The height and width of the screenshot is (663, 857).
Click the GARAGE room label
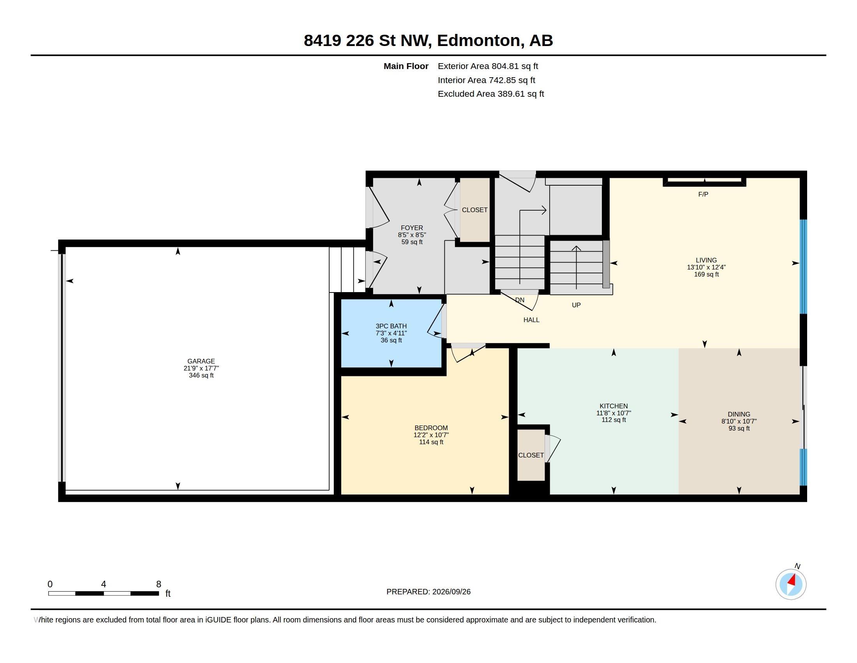coord(201,361)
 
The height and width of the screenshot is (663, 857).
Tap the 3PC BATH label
coord(391,326)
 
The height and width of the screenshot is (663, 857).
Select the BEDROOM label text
coord(431,428)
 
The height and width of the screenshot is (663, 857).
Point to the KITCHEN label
coord(613,406)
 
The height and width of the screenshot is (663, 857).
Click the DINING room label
coord(739,414)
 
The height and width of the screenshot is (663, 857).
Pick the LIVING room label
coord(706,260)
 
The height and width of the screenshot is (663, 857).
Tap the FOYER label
coord(412,228)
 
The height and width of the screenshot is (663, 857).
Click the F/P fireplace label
coord(703,194)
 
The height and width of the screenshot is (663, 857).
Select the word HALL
coord(531,320)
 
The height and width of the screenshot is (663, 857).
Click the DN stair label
coord(520,300)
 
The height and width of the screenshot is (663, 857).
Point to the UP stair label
coord(576,305)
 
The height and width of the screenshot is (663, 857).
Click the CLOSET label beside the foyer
coord(474,210)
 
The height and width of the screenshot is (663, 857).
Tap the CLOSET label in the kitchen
coord(531,455)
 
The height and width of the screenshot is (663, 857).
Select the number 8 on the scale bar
coord(159,584)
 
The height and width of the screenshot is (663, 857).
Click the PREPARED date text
coord(428,592)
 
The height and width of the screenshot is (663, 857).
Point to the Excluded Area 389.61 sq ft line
coord(490,94)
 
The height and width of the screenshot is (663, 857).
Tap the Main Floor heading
coord(406,66)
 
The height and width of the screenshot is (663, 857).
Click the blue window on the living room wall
coord(803,266)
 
